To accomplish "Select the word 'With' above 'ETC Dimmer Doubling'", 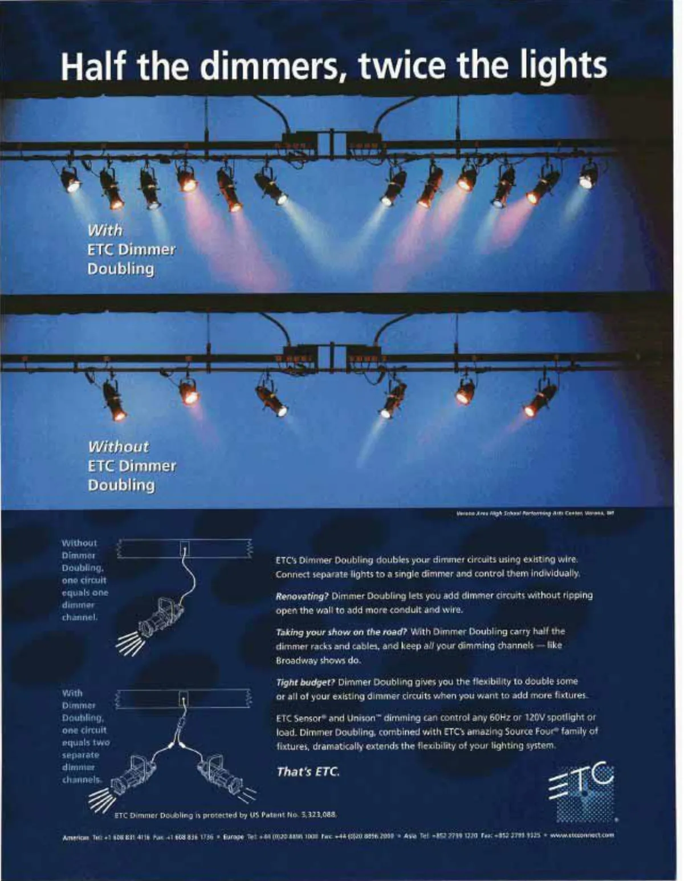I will (105, 230).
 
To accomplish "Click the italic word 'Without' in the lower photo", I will (118, 446).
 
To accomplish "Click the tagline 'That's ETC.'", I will (308, 772).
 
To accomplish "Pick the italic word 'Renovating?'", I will (302, 596).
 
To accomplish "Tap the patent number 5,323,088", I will (319, 815).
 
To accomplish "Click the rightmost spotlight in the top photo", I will (588, 175).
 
